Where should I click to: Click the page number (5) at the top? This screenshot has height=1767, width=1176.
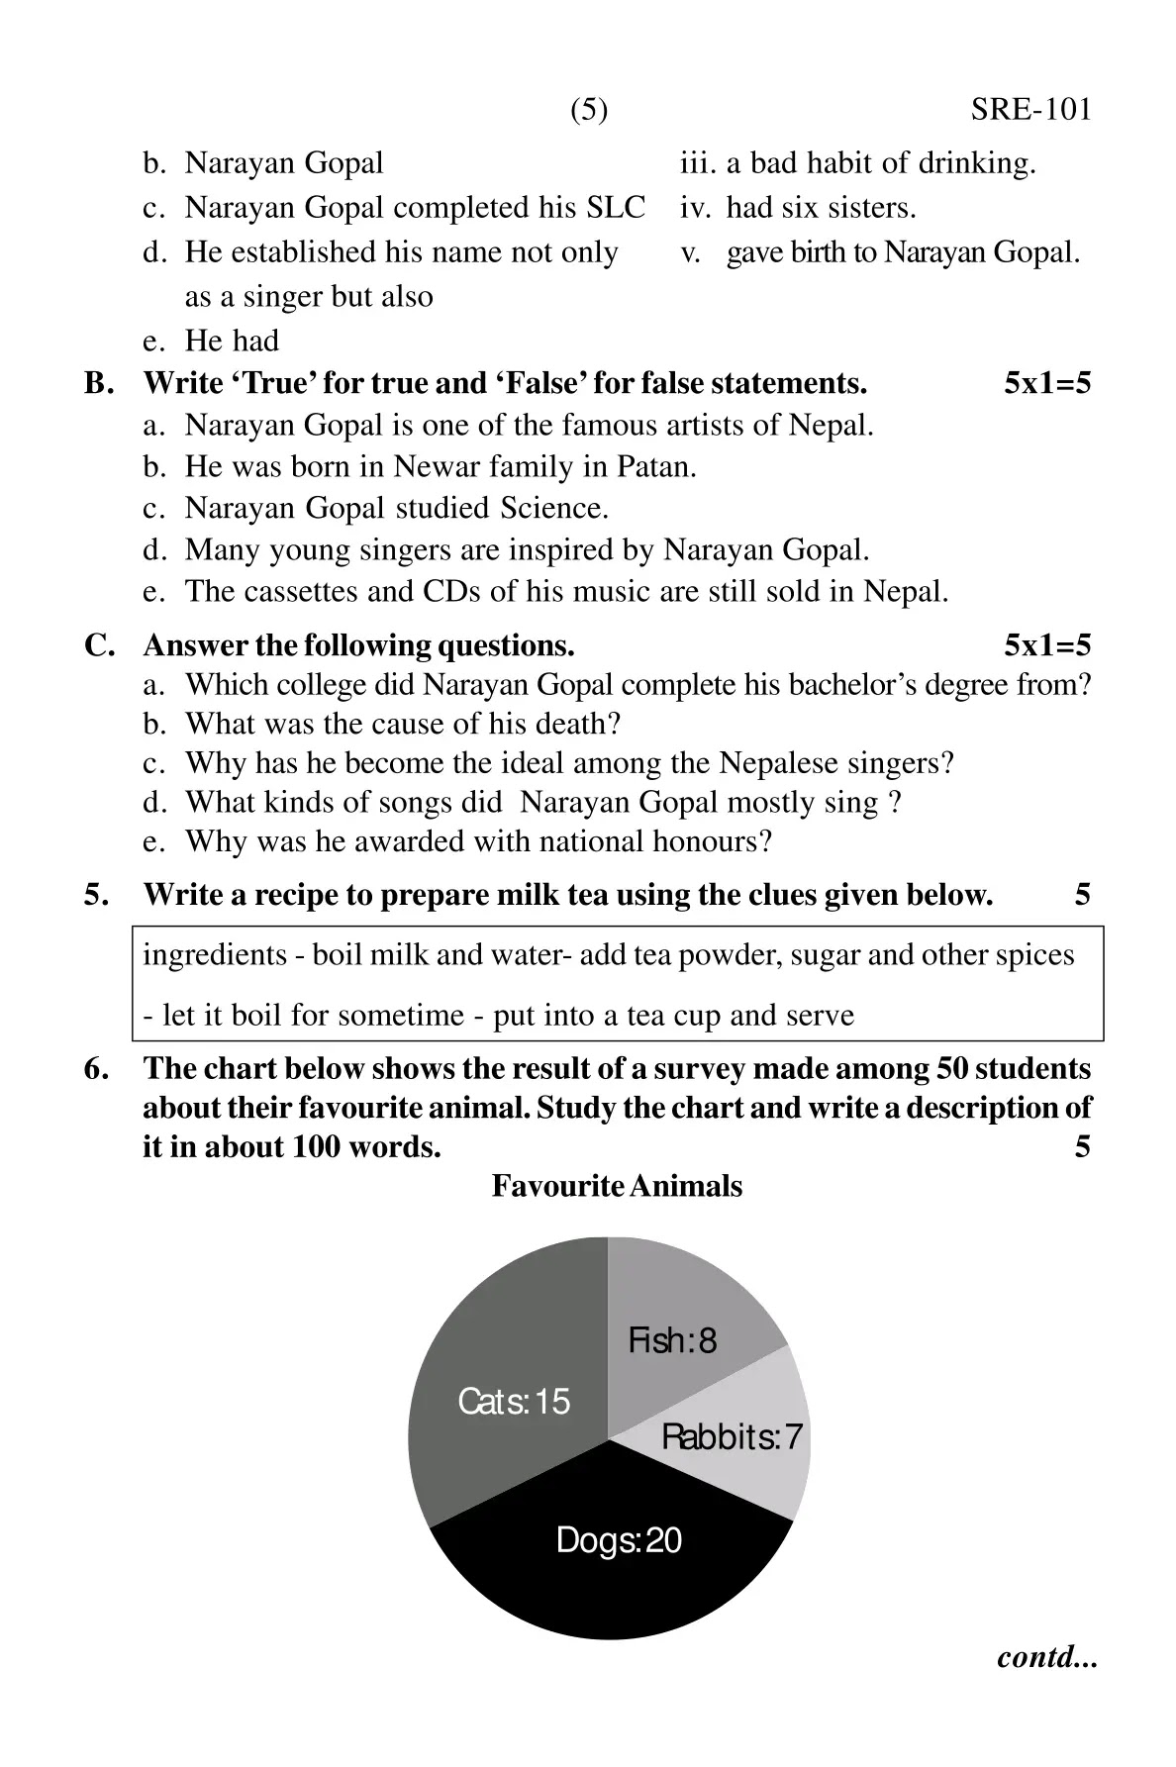589,110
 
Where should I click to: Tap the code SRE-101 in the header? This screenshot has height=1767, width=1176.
1030,110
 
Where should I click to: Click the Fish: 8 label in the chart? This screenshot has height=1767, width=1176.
672,1341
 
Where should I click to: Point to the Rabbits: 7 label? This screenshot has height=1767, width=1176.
732,1436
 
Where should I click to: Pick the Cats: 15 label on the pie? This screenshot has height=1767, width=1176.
514,1402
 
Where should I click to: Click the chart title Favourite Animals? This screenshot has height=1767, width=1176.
617,1186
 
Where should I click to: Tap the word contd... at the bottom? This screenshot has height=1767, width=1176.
1047,1657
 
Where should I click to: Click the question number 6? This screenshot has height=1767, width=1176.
95,1069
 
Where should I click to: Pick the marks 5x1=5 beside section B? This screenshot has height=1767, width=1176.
1046,383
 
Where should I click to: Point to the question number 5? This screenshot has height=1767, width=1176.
95,895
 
